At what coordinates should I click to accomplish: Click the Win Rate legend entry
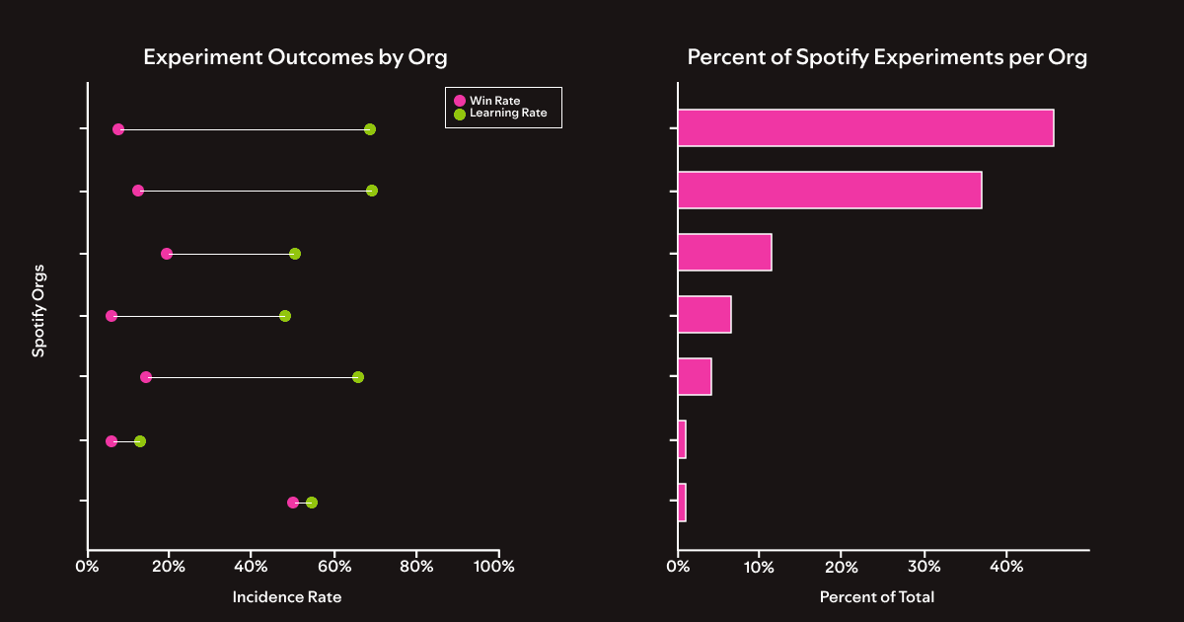pyautogui.click(x=493, y=101)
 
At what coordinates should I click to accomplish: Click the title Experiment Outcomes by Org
pyautogui.click(x=295, y=57)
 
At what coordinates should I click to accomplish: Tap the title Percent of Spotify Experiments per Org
pyautogui.click(x=887, y=57)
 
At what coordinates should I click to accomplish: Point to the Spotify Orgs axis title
pyautogui.click(x=37, y=316)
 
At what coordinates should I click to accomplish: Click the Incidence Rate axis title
pyautogui.click(x=286, y=597)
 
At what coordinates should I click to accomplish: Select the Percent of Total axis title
pyautogui.click(x=876, y=597)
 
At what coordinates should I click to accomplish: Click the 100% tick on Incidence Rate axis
pyautogui.click(x=495, y=567)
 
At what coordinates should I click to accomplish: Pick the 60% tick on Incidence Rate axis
pyautogui.click(x=333, y=567)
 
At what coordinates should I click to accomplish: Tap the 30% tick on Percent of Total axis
pyautogui.click(x=924, y=567)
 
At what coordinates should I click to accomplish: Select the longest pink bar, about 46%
pyautogui.click(x=865, y=128)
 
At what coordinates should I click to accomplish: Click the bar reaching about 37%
pyautogui.click(x=830, y=190)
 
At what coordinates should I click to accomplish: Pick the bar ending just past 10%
pyautogui.click(x=724, y=253)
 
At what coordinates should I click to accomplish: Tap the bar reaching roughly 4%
pyautogui.click(x=695, y=377)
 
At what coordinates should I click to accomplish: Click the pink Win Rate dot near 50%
pyautogui.click(x=293, y=503)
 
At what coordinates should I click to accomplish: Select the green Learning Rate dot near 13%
pyautogui.click(x=140, y=441)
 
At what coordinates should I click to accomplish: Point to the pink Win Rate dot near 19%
pyautogui.click(x=167, y=254)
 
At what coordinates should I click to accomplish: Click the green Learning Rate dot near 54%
pyautogui.click(x=312, y=503)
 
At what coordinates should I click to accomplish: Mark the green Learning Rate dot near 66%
pyautogui.click(x=358, y=377)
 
